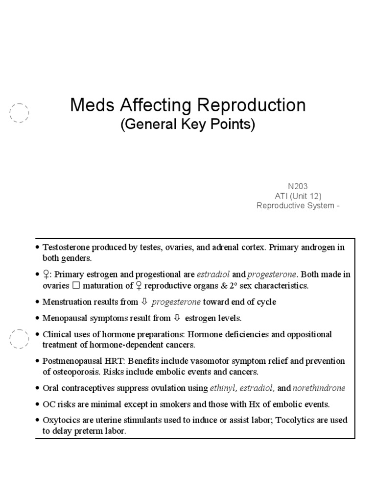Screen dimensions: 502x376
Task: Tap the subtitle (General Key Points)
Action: [x=188, y=125]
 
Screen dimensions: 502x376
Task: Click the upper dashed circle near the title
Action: [x=19, y=113]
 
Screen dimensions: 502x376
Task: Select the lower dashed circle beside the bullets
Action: [x=19, y=338]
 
